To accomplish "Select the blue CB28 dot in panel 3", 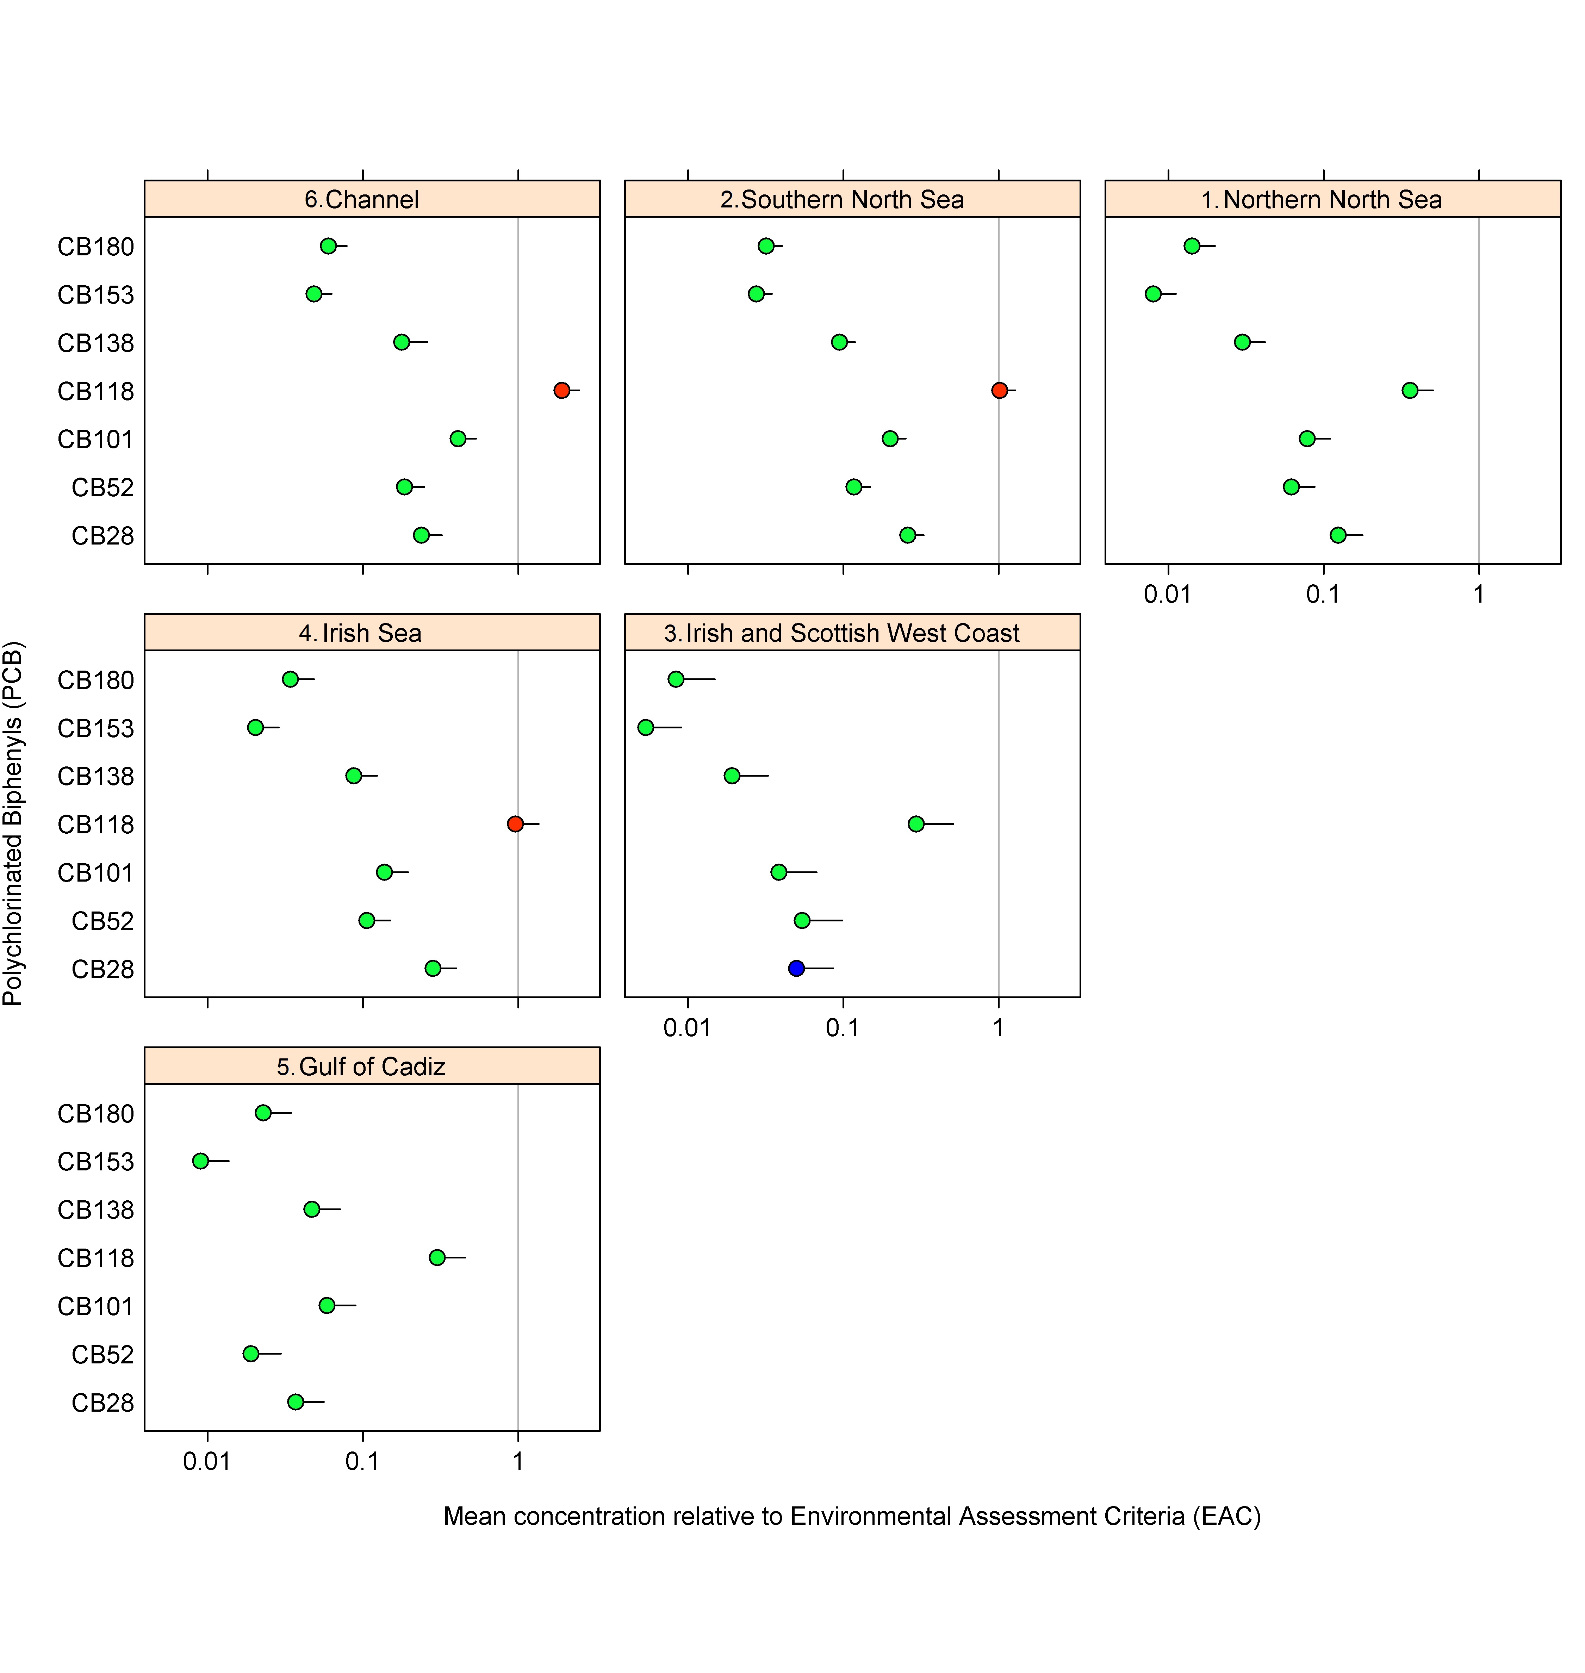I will pyautogui.click(x=796, y=968).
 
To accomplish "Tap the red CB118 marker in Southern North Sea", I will pyautogui.click(x=1000, y=390).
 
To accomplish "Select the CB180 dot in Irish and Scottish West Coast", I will pyautogui.click(x=676, y=679).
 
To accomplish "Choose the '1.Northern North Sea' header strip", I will pyautogui.click(x=1332, y=199).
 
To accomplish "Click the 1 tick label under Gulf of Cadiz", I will pyautogui.click(x=518, y=1461).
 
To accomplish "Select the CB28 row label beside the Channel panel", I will pyautogui.click(x=102, y=536).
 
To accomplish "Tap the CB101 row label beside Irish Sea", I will pyautogui.click(x=95, y=873).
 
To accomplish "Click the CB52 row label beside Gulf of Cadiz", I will pyautogui.click(x=102, y=1355).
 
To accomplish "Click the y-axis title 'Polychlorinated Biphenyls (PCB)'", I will pyautogui.click(x=13, y=824).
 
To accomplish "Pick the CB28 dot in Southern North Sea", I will pyautogui.click(x=907, y=535).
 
